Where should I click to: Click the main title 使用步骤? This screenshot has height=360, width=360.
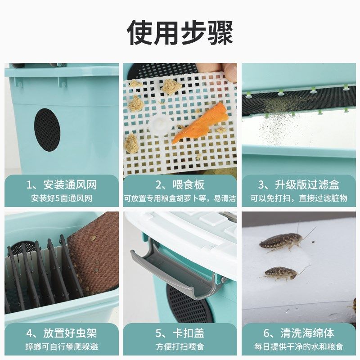(180, 32)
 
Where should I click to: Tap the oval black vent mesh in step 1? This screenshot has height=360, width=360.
(47, 129)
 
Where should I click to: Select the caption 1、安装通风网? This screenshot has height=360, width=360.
(62, 185)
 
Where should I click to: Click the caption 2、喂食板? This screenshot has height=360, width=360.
(180, 185)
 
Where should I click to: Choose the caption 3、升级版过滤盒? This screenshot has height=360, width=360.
(298, 185)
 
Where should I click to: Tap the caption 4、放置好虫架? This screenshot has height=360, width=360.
(62, 333)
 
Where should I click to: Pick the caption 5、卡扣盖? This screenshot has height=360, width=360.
(180, 333)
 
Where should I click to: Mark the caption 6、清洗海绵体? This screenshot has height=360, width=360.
(298, 333)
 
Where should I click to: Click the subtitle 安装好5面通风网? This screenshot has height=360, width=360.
(62, 198)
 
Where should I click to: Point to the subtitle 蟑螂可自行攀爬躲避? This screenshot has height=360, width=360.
(62, 346)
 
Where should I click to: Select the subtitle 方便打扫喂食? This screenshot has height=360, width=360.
(180, 346)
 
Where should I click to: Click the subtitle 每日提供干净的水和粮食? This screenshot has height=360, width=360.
(298, 346)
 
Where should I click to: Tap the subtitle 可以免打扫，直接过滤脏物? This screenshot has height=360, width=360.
(298, 198)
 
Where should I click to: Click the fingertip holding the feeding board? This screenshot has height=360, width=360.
(230, 71)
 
